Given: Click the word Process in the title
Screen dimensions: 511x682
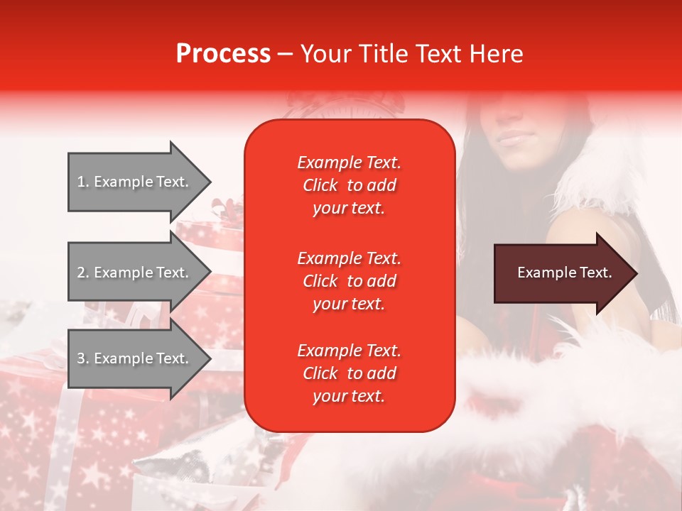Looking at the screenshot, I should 223,54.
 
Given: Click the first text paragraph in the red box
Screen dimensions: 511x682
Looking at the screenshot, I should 349,185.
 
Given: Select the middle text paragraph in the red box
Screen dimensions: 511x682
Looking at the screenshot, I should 349,280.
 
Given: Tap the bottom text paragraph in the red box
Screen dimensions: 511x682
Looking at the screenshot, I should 349,373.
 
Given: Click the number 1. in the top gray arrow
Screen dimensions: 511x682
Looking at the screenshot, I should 83,182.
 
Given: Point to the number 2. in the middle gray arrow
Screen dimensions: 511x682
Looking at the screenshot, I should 83,273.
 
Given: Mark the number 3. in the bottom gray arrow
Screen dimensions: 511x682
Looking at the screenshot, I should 83,358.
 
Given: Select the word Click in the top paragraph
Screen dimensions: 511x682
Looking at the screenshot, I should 320,185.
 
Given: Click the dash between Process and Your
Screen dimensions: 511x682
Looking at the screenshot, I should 285,55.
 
